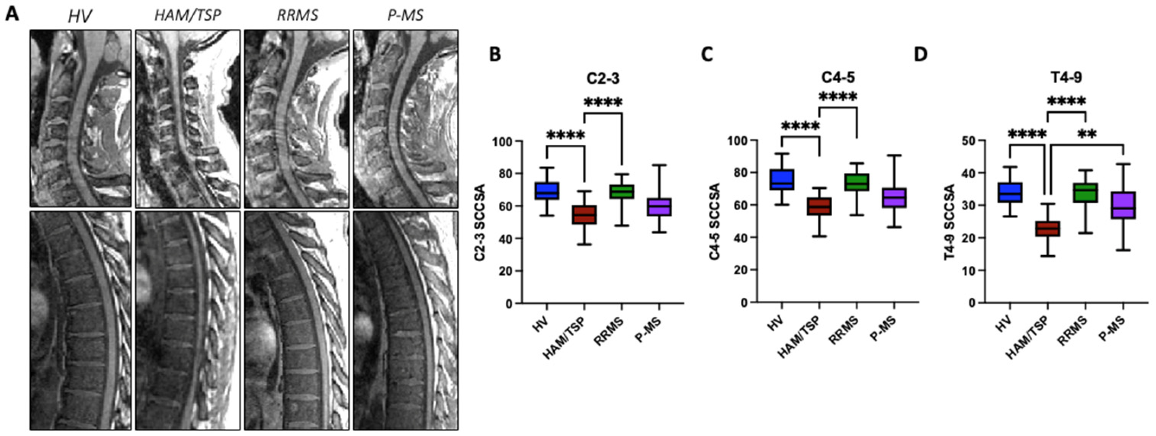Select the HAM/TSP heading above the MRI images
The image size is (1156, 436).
point(188,15)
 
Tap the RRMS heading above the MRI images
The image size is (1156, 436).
point(297,15)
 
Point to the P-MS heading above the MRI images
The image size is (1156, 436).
point(405,15)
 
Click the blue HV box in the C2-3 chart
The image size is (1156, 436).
point(546,191)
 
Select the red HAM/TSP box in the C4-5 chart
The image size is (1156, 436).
point(819,206)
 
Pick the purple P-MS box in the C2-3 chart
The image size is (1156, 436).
point(659,207)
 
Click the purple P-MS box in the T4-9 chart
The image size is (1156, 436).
point(1123,205)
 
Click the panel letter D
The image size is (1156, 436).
point(921,55)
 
